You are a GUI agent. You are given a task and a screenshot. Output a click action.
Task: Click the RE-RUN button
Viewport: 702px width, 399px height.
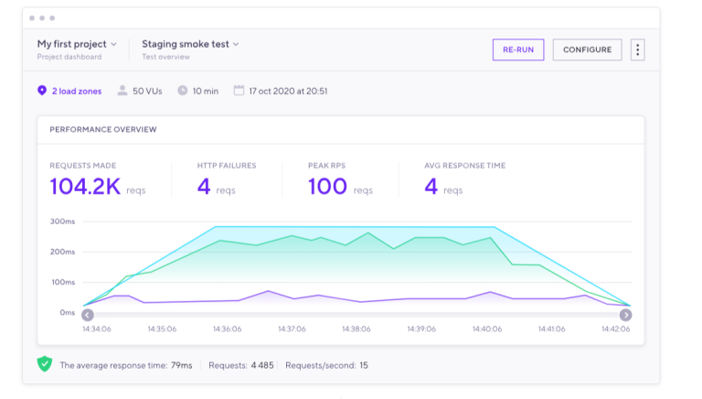coord(517,49)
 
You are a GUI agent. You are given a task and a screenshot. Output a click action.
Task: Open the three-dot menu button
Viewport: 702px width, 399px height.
coord(637,49)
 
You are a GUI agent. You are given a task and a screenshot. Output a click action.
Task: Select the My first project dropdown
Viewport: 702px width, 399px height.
coord(77,44)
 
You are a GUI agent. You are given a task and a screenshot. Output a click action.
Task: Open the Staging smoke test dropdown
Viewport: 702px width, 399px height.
coord(190,44)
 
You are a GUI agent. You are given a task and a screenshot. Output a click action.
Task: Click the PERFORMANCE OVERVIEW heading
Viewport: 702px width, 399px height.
coord(102,130)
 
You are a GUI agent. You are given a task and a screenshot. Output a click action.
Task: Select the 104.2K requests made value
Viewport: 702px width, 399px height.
coord(84,187)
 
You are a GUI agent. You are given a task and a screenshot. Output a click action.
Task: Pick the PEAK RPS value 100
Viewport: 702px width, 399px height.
coord(327,187)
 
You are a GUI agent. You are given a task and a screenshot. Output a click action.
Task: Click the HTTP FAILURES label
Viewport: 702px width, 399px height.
coord(227,166)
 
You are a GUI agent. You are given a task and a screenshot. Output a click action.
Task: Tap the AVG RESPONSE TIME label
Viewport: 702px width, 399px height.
coord(464,166)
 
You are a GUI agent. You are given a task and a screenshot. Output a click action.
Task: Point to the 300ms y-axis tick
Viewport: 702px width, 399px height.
coord(62,221)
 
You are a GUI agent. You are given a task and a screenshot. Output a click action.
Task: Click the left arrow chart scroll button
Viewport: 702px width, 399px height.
coord(88,315)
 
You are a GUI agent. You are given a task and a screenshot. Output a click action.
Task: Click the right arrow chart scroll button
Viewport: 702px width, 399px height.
coord(625,315)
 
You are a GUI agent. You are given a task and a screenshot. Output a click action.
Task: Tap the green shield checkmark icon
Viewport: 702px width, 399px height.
coord(45,364)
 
